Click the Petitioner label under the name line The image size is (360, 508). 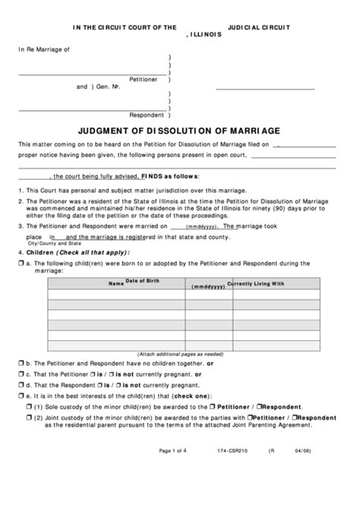(x=144, y=79)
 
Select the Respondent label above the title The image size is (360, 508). (x=146, y=115)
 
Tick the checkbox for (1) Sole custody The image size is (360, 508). (x=29, y=407)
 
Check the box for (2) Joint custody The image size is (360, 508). (x=29, y=418)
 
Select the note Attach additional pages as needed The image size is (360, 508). (x=180, y=354)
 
